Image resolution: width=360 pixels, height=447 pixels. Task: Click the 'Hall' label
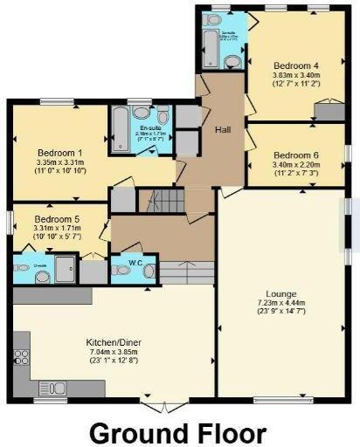click(221, 130)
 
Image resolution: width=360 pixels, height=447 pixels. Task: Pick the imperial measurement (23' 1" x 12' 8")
click(114, 361)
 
